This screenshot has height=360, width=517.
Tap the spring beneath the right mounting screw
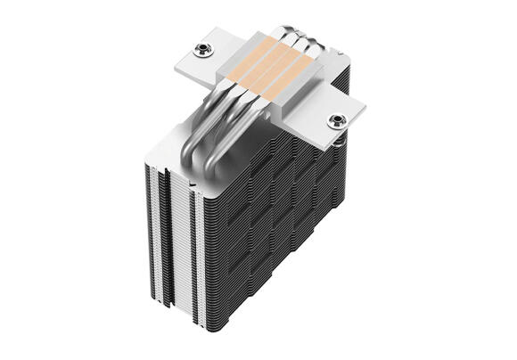(x=340, y=136)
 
